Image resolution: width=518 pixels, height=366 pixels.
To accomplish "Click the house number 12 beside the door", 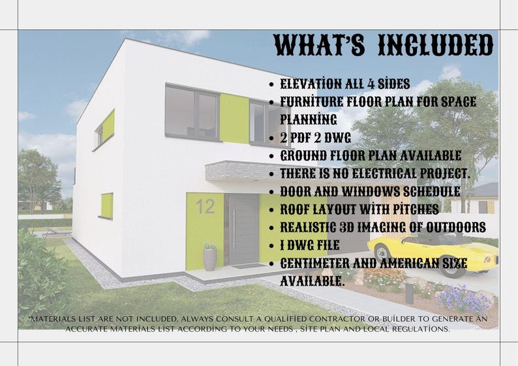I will point(205,207).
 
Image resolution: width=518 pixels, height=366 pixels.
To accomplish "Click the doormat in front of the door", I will point(244,266).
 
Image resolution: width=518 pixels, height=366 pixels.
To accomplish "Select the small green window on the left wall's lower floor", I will point(106,206).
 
